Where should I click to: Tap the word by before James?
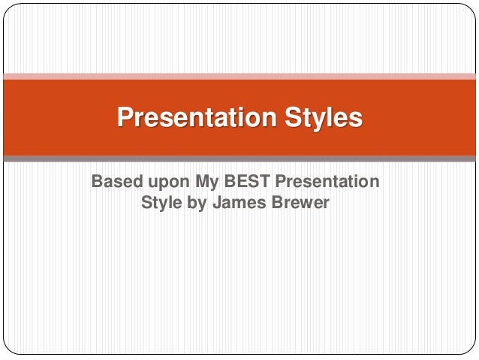197,203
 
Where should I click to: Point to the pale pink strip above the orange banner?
239,76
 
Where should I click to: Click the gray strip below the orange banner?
239,159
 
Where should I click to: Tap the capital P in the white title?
124,118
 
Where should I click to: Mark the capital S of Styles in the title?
291,118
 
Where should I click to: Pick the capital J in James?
218,202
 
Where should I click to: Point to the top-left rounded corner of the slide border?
8,8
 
